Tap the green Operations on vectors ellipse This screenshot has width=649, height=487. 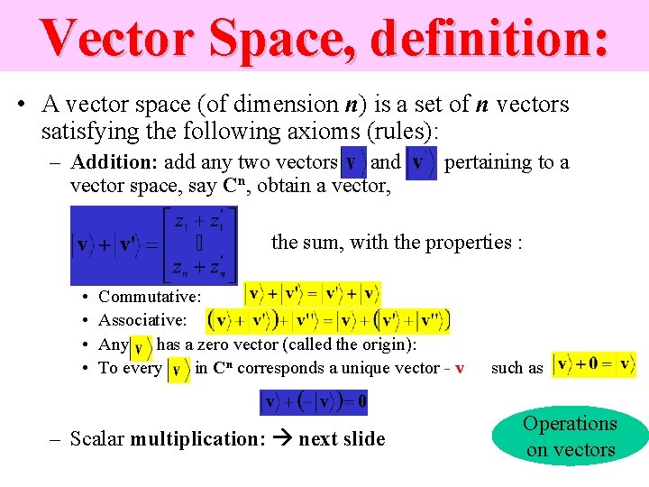(570, 436)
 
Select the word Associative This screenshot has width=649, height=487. (142, 320)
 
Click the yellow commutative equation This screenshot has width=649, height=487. (312, 295)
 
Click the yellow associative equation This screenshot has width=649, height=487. (329, 320)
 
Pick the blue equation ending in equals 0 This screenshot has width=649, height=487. (313, 401)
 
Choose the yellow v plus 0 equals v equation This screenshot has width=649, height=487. (593, 365)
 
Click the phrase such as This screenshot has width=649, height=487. (517, 368)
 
